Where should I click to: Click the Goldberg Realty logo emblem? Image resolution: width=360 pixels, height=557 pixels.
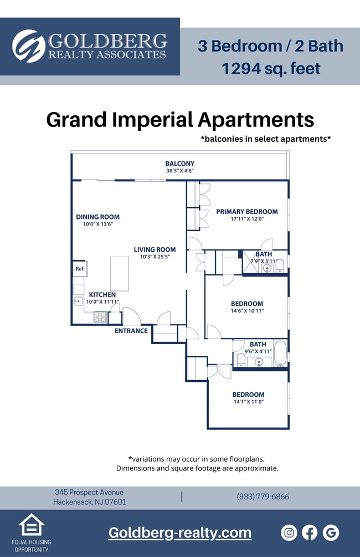pyautogui.click(x=28, y=46)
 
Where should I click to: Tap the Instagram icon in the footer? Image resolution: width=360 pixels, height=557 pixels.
pyautogui.click(x=289, y=533)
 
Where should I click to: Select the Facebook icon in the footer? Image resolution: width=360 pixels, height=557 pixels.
pyautogui.click(x=310, y=533)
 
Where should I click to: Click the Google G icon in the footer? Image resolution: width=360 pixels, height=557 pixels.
pyautogui.click(x=331, y=533)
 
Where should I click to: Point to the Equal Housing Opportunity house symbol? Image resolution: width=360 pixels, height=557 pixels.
pyautogui.click(x=32, y=525)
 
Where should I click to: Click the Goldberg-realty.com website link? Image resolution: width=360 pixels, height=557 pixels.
pyautogui.click(x=179, y=533)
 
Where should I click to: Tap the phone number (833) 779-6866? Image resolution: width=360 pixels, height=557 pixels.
pyautogui.click(x=263, y=497)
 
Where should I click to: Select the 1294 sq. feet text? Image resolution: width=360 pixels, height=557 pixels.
pyautogui.click(x=270, y=69)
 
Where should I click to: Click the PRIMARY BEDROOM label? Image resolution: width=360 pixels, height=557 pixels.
pyautogui.click(x=246, y=211)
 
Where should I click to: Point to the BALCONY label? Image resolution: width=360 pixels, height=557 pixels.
pyautogui.click(x=179, y=163)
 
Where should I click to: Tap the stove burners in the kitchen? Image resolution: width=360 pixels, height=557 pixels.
pyautogui.click(x=100, y=318)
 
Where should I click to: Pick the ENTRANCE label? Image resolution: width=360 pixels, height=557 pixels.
pyautogui.click(x=131, y=331)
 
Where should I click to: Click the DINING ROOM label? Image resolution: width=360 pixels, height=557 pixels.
pyautogui.click(x=97, y=217)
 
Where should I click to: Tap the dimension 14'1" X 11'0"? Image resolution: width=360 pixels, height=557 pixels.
pyautogui.click(x=248, y=402)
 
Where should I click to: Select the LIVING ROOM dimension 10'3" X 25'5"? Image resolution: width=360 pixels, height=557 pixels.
pyautogui.click(x=155, y=257)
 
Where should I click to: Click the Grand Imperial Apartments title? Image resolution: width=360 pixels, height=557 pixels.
pyautogui.click(x=179, y=120)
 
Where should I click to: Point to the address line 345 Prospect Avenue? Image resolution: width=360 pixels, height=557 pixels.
pyautogui.click(x=89, y=492)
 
